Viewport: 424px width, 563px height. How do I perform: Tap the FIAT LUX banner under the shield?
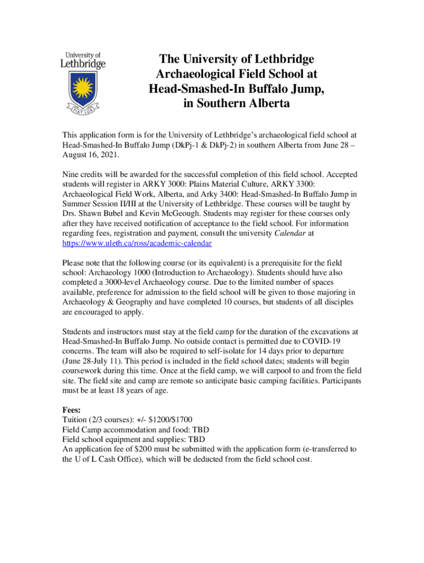83,110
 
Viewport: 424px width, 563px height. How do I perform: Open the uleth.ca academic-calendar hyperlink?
137,242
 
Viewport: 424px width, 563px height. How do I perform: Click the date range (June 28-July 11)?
97,361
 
